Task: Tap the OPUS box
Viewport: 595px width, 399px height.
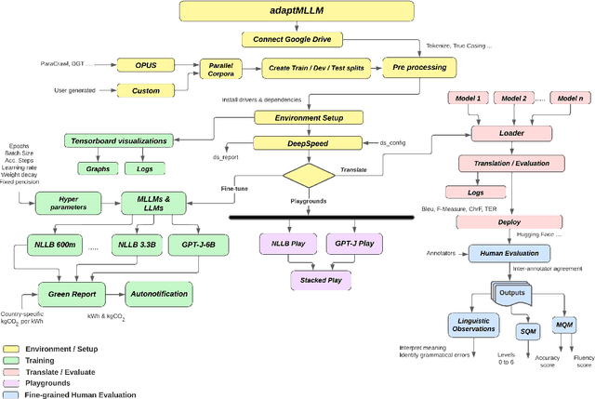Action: tap(147, 66)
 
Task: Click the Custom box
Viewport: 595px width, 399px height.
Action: tap(146, 89)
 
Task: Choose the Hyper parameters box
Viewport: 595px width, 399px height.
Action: tap(68, 204)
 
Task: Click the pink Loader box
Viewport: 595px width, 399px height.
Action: tap(511, 133)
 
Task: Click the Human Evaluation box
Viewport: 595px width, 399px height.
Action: tap(509, 252)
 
